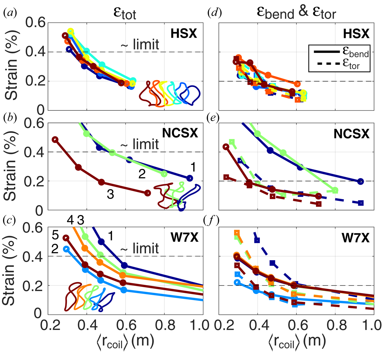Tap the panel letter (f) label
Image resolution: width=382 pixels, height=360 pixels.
212,221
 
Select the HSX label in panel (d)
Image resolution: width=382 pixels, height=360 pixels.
356,33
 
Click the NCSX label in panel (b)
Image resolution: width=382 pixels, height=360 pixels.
180,133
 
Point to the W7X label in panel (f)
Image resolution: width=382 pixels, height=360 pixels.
355,238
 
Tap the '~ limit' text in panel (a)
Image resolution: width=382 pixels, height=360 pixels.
140,45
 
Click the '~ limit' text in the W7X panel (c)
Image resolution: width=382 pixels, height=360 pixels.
140,248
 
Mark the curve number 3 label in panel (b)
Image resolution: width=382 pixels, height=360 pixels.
110,194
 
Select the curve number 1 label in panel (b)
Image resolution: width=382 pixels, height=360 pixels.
193,167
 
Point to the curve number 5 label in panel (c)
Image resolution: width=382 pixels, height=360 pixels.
55,235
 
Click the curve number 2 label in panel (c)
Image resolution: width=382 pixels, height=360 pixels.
55,249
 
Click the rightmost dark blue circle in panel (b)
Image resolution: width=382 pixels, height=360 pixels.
189,178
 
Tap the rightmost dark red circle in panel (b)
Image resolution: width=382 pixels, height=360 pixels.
147,193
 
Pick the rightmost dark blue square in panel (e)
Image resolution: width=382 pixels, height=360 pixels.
361,203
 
